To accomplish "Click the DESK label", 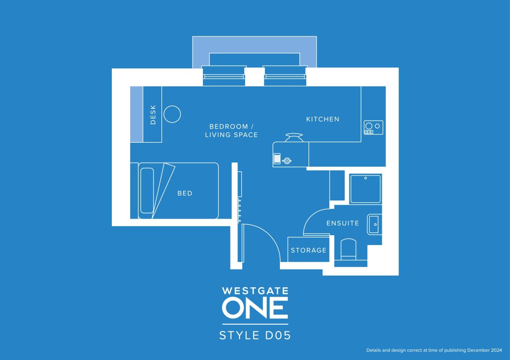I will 153,114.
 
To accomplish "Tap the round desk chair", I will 172,114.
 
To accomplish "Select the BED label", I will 185,193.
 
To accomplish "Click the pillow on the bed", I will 147,190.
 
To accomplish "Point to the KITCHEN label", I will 323,119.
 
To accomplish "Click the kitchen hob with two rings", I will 373,128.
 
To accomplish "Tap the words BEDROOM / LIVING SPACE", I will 232,130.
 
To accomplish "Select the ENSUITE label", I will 343,223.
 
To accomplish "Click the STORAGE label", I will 309,250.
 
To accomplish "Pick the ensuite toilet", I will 348,249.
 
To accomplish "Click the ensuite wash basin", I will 375,224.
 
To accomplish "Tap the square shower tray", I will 365,189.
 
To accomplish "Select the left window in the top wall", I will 224,76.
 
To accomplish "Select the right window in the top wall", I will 285,76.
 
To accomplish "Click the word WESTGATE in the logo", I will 255,291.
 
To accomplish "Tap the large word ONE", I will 255,308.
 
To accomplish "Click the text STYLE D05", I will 255,336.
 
